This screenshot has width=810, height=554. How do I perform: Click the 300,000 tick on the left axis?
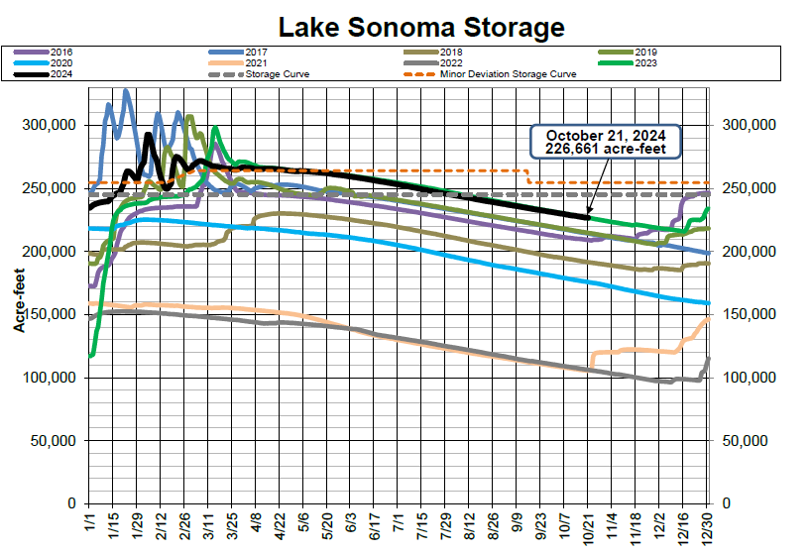[50, 125]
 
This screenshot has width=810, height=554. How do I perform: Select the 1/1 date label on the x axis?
[90, 519]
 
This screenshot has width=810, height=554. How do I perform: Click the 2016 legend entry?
[60, 52]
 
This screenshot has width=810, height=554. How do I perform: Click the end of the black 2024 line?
[589, 217]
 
